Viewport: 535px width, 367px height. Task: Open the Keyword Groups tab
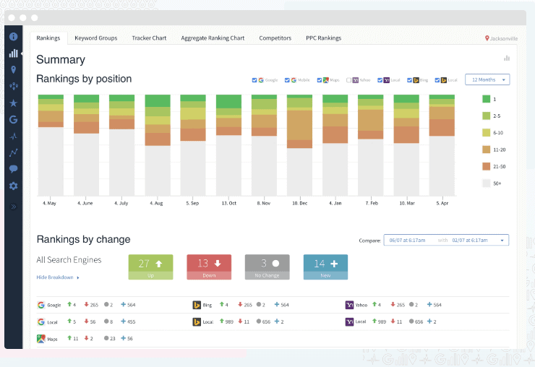(95, 38)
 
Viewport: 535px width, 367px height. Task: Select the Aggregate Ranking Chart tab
(212, 38)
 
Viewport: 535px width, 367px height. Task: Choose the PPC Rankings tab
(323, 38)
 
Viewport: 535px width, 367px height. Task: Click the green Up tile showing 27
(150, 267)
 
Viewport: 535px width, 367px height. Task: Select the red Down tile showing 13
(208, 267)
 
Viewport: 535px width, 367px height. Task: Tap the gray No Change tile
(267, 267)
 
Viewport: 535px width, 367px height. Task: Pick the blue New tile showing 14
(325, 267)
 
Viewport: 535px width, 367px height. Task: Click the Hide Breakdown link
(58, 277)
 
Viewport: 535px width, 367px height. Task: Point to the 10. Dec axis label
(300, 204)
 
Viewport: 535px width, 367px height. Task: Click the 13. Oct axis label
(229, 204)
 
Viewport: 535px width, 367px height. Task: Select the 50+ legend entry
(497, 183)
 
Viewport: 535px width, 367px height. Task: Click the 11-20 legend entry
(498, 150)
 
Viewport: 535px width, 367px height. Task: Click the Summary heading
(61, 60)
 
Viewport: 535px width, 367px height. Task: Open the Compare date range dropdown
(447, 240)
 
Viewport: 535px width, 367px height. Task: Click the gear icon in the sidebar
(13, 186)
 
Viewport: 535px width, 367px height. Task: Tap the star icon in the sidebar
(13, 103)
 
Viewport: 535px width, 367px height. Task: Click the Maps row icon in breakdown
(41, 338)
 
